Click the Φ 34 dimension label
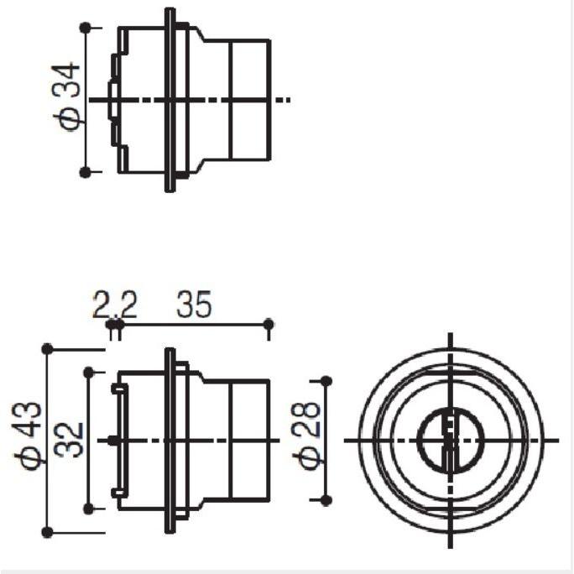(66, 97)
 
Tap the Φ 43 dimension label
(28, 436)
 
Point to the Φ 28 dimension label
(307, 436)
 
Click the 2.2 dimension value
(115, 304)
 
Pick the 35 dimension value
(194, 304)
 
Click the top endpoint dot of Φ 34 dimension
(86, 28)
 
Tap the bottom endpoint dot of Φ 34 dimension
(86, 172)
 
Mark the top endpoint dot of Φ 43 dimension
(48, 349)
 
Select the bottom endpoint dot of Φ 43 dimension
(48, 532)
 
